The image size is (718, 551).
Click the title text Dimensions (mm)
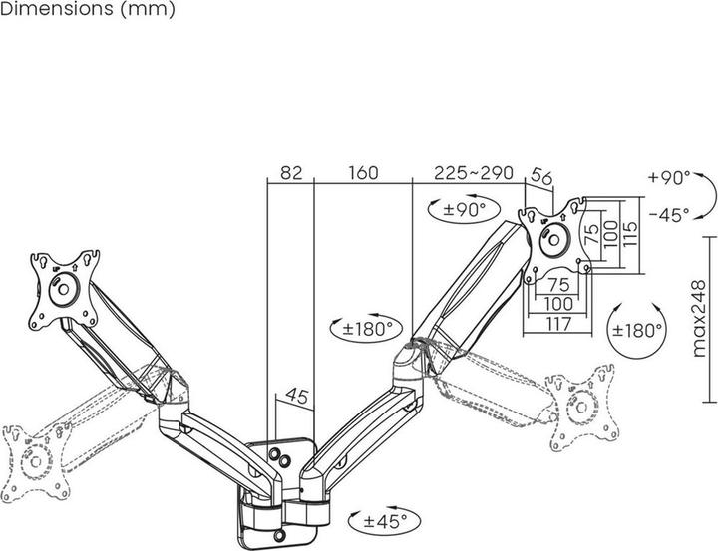[89, 11]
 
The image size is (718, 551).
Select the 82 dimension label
[290, 172]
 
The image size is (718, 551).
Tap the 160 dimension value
[362, 172]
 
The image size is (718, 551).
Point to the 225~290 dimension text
[473, 172]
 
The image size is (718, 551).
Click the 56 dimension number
[542, 175]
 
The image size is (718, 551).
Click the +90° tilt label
[667, 179]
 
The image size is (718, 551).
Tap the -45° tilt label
[667, 214]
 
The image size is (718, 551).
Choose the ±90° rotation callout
[461, 209]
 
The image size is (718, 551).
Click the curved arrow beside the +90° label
[705, 196]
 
